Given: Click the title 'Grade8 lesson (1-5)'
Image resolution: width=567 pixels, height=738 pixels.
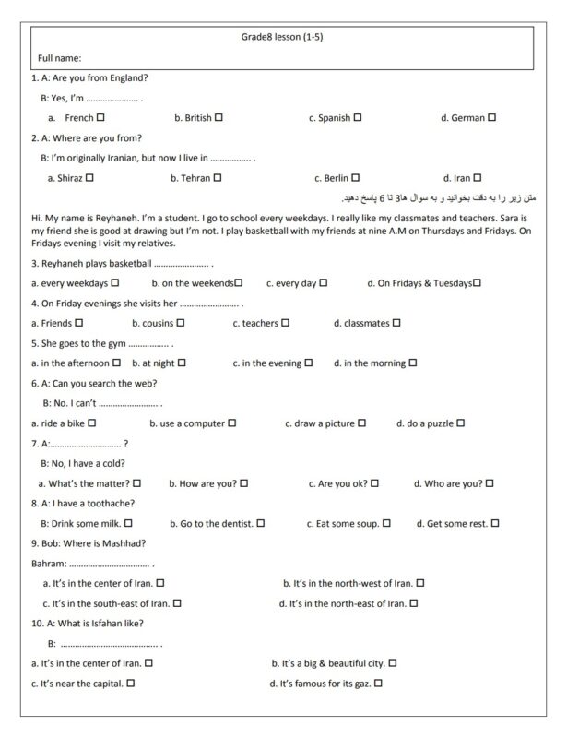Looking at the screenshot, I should tap(281, 38).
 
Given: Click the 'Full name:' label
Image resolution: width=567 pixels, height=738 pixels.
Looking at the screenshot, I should tap(59, 58).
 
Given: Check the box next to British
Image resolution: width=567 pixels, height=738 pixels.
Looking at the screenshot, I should tap(219, 117).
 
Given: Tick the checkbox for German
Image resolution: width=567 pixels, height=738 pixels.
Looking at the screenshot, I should tap(492, 117).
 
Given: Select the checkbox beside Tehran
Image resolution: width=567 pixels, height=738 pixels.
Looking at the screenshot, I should tap(217, 177).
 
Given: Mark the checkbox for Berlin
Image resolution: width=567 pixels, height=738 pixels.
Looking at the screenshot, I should tap(355, 177).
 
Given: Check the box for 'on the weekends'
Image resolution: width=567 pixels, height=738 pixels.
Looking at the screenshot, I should tap(238, 283).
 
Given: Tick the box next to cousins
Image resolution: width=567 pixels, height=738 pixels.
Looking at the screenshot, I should tap(181, 323).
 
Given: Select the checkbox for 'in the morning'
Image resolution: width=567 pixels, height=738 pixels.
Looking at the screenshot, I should tap(412, 363).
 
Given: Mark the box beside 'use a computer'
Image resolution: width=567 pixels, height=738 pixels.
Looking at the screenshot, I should tap(232, 423).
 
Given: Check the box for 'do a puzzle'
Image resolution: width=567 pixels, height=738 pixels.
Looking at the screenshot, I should tap(460, 423).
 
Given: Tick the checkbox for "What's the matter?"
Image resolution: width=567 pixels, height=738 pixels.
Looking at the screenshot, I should tap(136, 482).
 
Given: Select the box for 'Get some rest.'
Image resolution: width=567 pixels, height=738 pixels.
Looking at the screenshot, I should tap(495, 523).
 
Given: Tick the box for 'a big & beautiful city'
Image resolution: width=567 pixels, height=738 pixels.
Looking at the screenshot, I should tap(393, 662).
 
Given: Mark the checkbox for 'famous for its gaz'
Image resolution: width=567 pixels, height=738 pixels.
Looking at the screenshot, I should tap(378, 683).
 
